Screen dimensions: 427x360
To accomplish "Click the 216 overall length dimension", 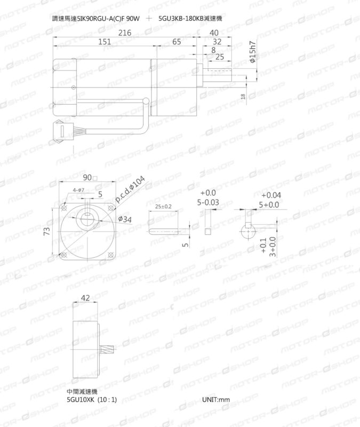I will point(124,33).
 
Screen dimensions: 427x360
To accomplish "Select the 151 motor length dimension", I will point(105,42).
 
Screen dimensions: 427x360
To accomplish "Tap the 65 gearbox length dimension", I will point(177,42).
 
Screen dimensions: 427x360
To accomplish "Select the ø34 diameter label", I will point(126,219).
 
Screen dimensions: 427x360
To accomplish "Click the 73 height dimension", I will point(47,231).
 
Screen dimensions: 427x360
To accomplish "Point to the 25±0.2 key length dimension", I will point(163,206).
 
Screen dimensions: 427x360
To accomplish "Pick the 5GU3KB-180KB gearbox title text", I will point(190,18).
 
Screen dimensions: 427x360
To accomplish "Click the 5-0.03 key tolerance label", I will point(208,203).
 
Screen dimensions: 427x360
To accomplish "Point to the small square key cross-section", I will point(208,231).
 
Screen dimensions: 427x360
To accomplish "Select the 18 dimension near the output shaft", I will point(243,96).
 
